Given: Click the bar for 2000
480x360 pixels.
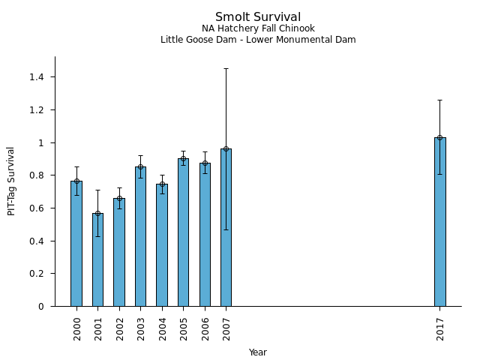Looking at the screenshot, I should (76, 244).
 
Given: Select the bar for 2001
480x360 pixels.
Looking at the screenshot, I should (97, 259).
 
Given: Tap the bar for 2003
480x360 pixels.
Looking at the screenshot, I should (140, 236).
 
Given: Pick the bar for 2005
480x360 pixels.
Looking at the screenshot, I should (183, 232).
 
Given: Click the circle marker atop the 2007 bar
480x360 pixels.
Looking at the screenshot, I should (226, 148).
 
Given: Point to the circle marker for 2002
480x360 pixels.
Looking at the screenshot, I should (119, 198).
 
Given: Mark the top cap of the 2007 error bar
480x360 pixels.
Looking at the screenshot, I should (226, 69).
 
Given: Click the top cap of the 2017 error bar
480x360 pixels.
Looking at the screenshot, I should (439, 100).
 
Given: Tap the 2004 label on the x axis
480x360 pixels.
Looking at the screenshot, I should (162, 328).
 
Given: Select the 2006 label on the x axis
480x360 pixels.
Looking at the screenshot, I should (205, 328).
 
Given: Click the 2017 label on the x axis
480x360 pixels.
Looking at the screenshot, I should (440, 328).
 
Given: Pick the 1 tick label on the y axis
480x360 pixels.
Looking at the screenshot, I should (42, 142).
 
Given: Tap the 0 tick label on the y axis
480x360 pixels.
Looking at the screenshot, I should (42, 307).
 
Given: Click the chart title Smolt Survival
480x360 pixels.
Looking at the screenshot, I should (258, 17).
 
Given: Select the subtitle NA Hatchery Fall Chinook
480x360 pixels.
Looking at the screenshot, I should (258, 28).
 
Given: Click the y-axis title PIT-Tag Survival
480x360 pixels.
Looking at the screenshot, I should (11, 181).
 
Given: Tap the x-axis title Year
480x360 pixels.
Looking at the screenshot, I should (258, 352).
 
